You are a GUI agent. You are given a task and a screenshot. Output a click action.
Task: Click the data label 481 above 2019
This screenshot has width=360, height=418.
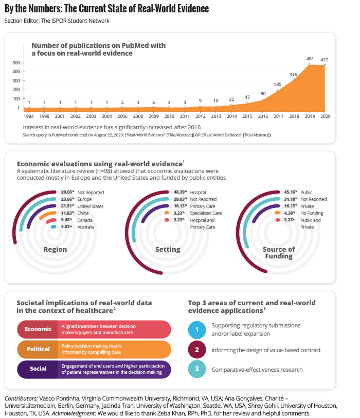click(x=309, y=58)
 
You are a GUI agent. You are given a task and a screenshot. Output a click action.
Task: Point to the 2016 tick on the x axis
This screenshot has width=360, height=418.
click(x=262, y=117)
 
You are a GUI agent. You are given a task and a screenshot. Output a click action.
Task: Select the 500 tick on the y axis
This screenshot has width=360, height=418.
click(x=16, y=63)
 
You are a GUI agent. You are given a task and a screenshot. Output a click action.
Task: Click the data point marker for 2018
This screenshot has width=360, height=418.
click(x=294, y=80)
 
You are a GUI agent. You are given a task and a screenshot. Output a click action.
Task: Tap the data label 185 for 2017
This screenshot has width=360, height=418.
click(x=278, y=84)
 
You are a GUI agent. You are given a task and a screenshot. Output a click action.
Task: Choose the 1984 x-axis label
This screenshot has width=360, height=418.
click(x=29, y=117)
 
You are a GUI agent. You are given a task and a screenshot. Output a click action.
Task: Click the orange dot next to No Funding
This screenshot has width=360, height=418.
click(x=278, y=213)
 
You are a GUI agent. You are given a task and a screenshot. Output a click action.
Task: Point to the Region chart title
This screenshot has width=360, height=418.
click(x=55, y=250)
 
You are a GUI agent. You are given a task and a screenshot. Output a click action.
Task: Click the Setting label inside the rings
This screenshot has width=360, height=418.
click(x=168, y=250)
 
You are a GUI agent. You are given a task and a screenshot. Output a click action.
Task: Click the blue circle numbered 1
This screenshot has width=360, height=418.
click(x=196, y=329)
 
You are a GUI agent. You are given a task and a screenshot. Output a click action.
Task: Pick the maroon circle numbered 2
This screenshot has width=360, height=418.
click(x=196, y=350)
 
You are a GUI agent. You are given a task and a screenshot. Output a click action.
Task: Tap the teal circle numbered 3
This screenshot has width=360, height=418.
click(x=196, y=370)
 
